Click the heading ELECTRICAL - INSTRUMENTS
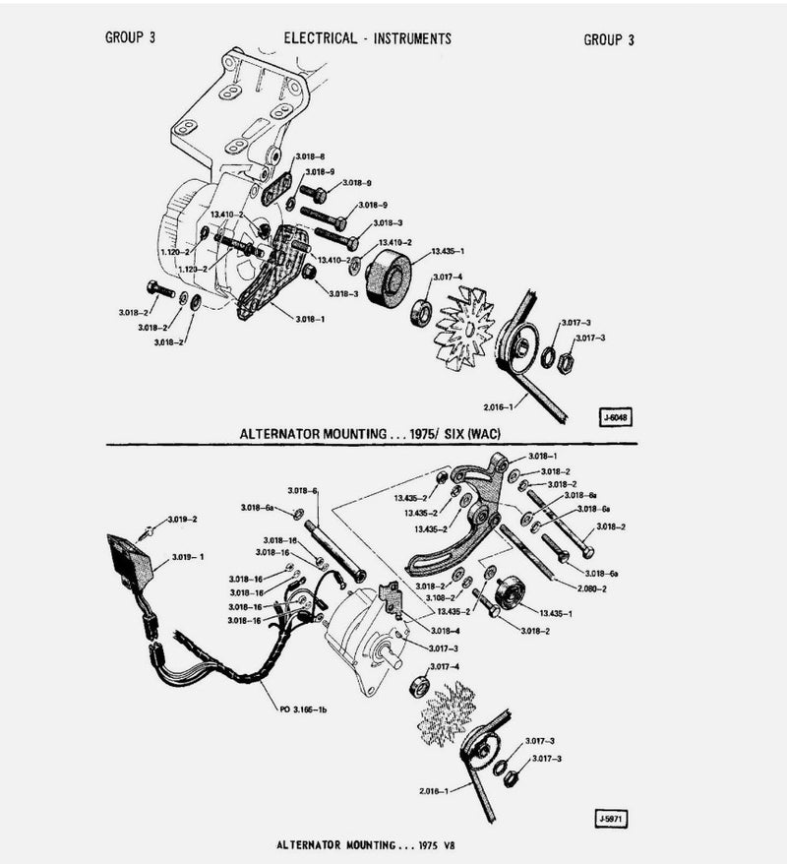click(x=367, y=38)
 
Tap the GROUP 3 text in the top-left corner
click(x=129, y=38)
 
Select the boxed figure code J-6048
click(x=616, y=416)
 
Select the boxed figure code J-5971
click(x=612, y=818)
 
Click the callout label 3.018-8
click(x=310, y=157)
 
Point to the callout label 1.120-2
click(x=174, y=252)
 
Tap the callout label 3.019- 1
click(x=187, y=557)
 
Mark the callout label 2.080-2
click(x=589, y=588)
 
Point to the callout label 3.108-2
click(x=440, y=597)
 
